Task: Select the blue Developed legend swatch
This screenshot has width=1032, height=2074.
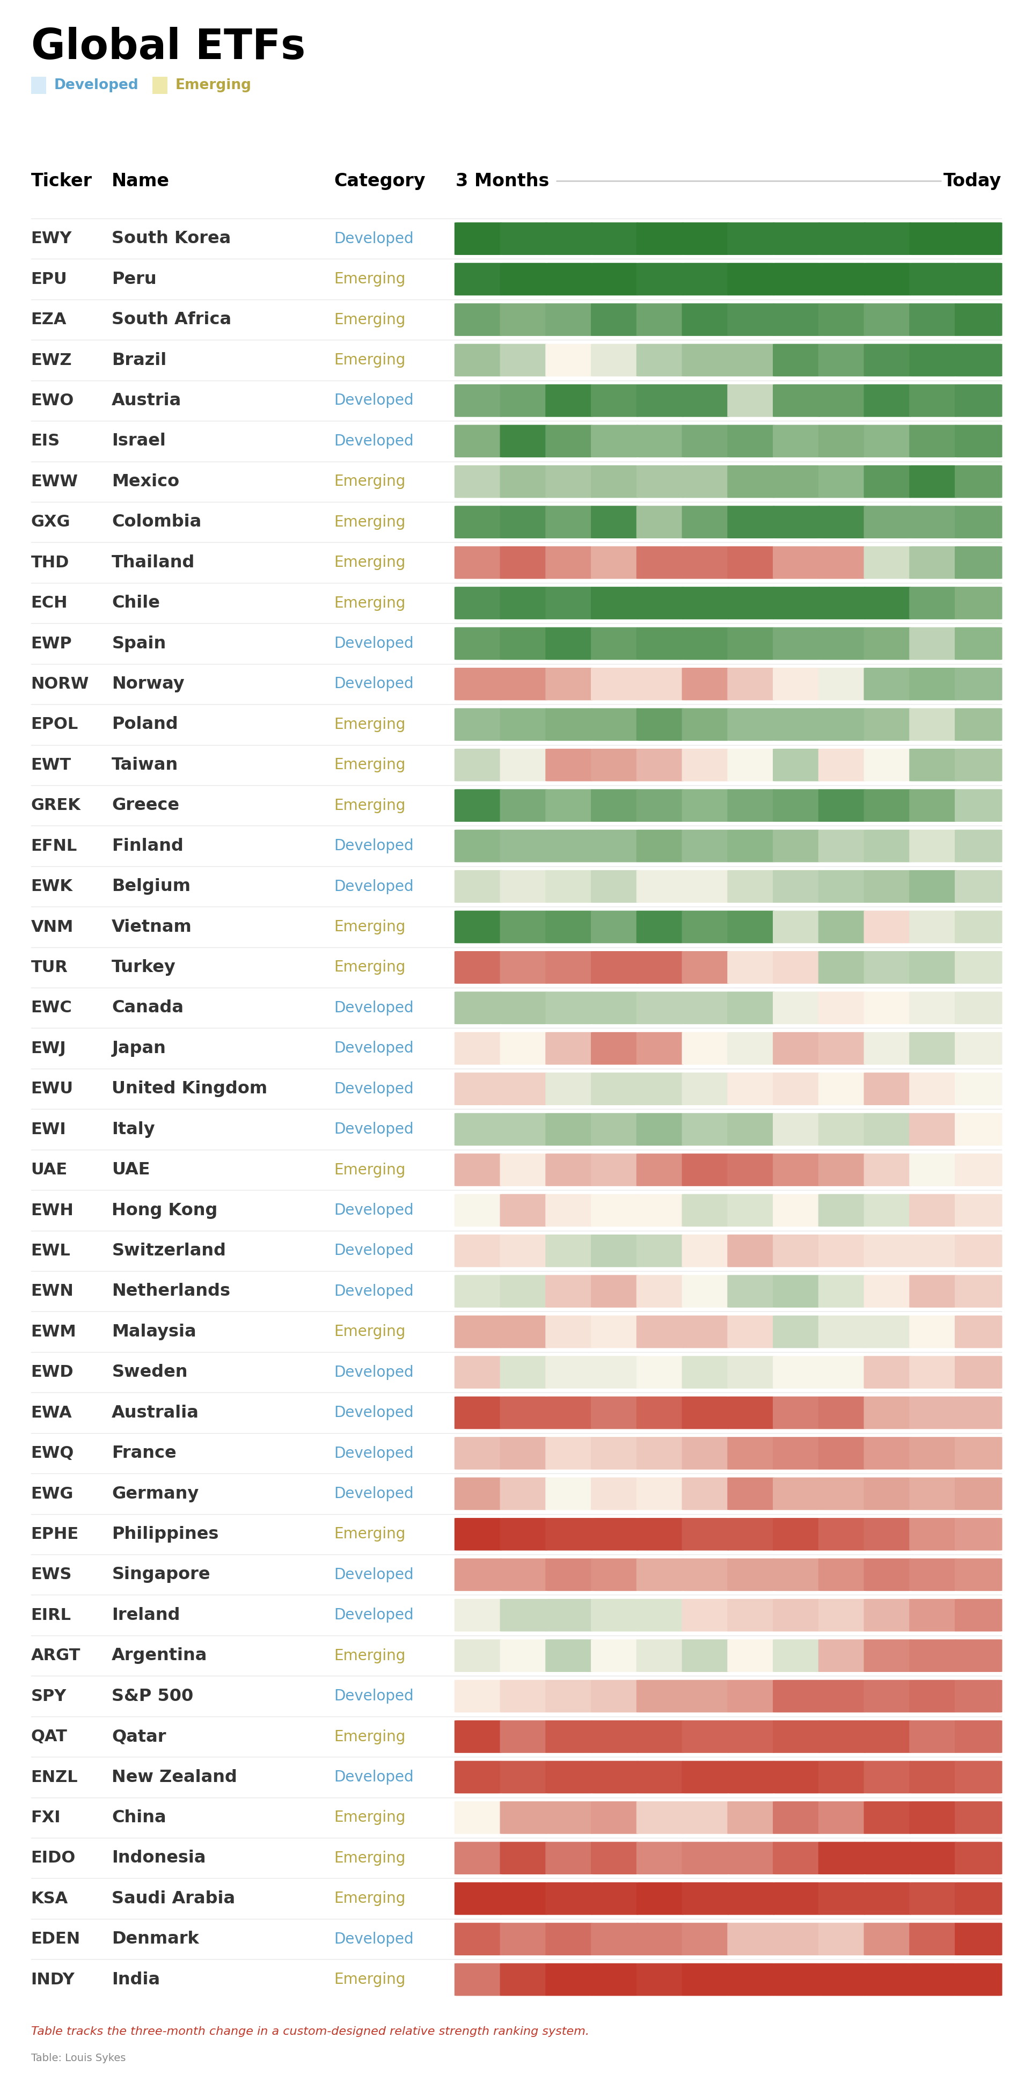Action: pos(39,85)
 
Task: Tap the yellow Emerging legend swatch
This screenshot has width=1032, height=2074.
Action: pos(159,85)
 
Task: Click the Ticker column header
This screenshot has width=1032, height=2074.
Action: pos(61,180)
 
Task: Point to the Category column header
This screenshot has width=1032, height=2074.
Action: pos(379,180)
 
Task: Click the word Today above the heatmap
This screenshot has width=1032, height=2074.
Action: pos(971,180)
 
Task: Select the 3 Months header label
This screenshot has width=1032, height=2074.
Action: pos(501,180)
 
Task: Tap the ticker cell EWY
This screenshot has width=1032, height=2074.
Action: pos(50,238)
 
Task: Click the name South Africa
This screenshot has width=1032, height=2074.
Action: pos(171,319)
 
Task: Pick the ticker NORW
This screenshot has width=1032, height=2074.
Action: pos(60,684)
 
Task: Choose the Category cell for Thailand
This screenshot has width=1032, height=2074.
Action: pos(369,562)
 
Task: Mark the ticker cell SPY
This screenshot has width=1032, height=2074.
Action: pos(48,1696)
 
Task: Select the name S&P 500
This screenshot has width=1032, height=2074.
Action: pos(152,1696)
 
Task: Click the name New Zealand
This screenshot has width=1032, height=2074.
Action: pos(174,1776)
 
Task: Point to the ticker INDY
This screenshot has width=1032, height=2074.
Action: pos(53,1979)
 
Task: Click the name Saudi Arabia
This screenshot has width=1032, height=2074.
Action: pos(173,1898)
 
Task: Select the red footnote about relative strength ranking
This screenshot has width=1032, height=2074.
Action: pos(309,2031)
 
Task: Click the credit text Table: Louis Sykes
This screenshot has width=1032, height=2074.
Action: pos(78,2058)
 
